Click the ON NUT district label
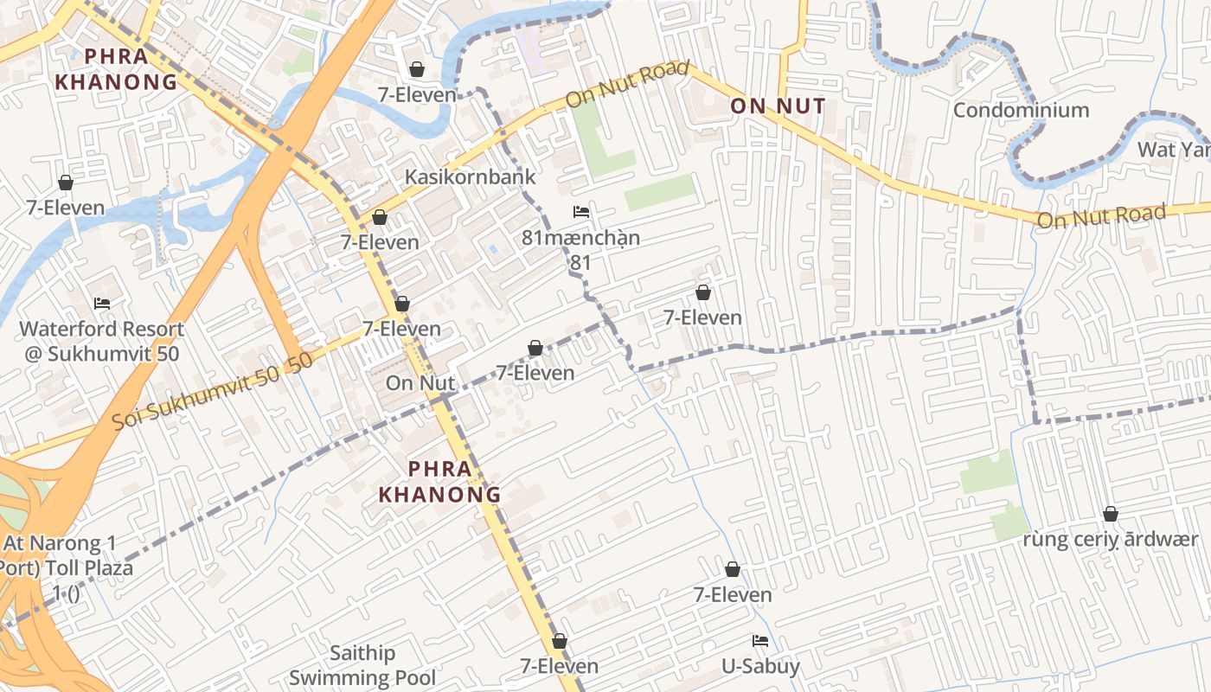coord(778,106)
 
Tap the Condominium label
coord(1021,110)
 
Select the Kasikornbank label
coord(471,176)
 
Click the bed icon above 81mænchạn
coord(581,212)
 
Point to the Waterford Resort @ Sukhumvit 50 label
coord(102,341)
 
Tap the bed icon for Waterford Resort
coord(102,304)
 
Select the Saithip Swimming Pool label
coord(362,665)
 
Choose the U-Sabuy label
coord(761,666)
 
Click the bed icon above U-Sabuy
coord(760,641)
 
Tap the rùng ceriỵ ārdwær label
coord(1111,539)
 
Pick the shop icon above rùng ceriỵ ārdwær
coord(1111,514)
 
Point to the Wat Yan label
coord(1174,150)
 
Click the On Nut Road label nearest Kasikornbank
coord(627,84)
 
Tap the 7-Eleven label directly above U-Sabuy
coord(733,594)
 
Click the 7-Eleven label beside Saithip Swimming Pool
coord(560,665)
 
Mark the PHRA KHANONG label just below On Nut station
coord(441,482)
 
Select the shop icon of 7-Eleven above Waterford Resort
coord(66,183)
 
